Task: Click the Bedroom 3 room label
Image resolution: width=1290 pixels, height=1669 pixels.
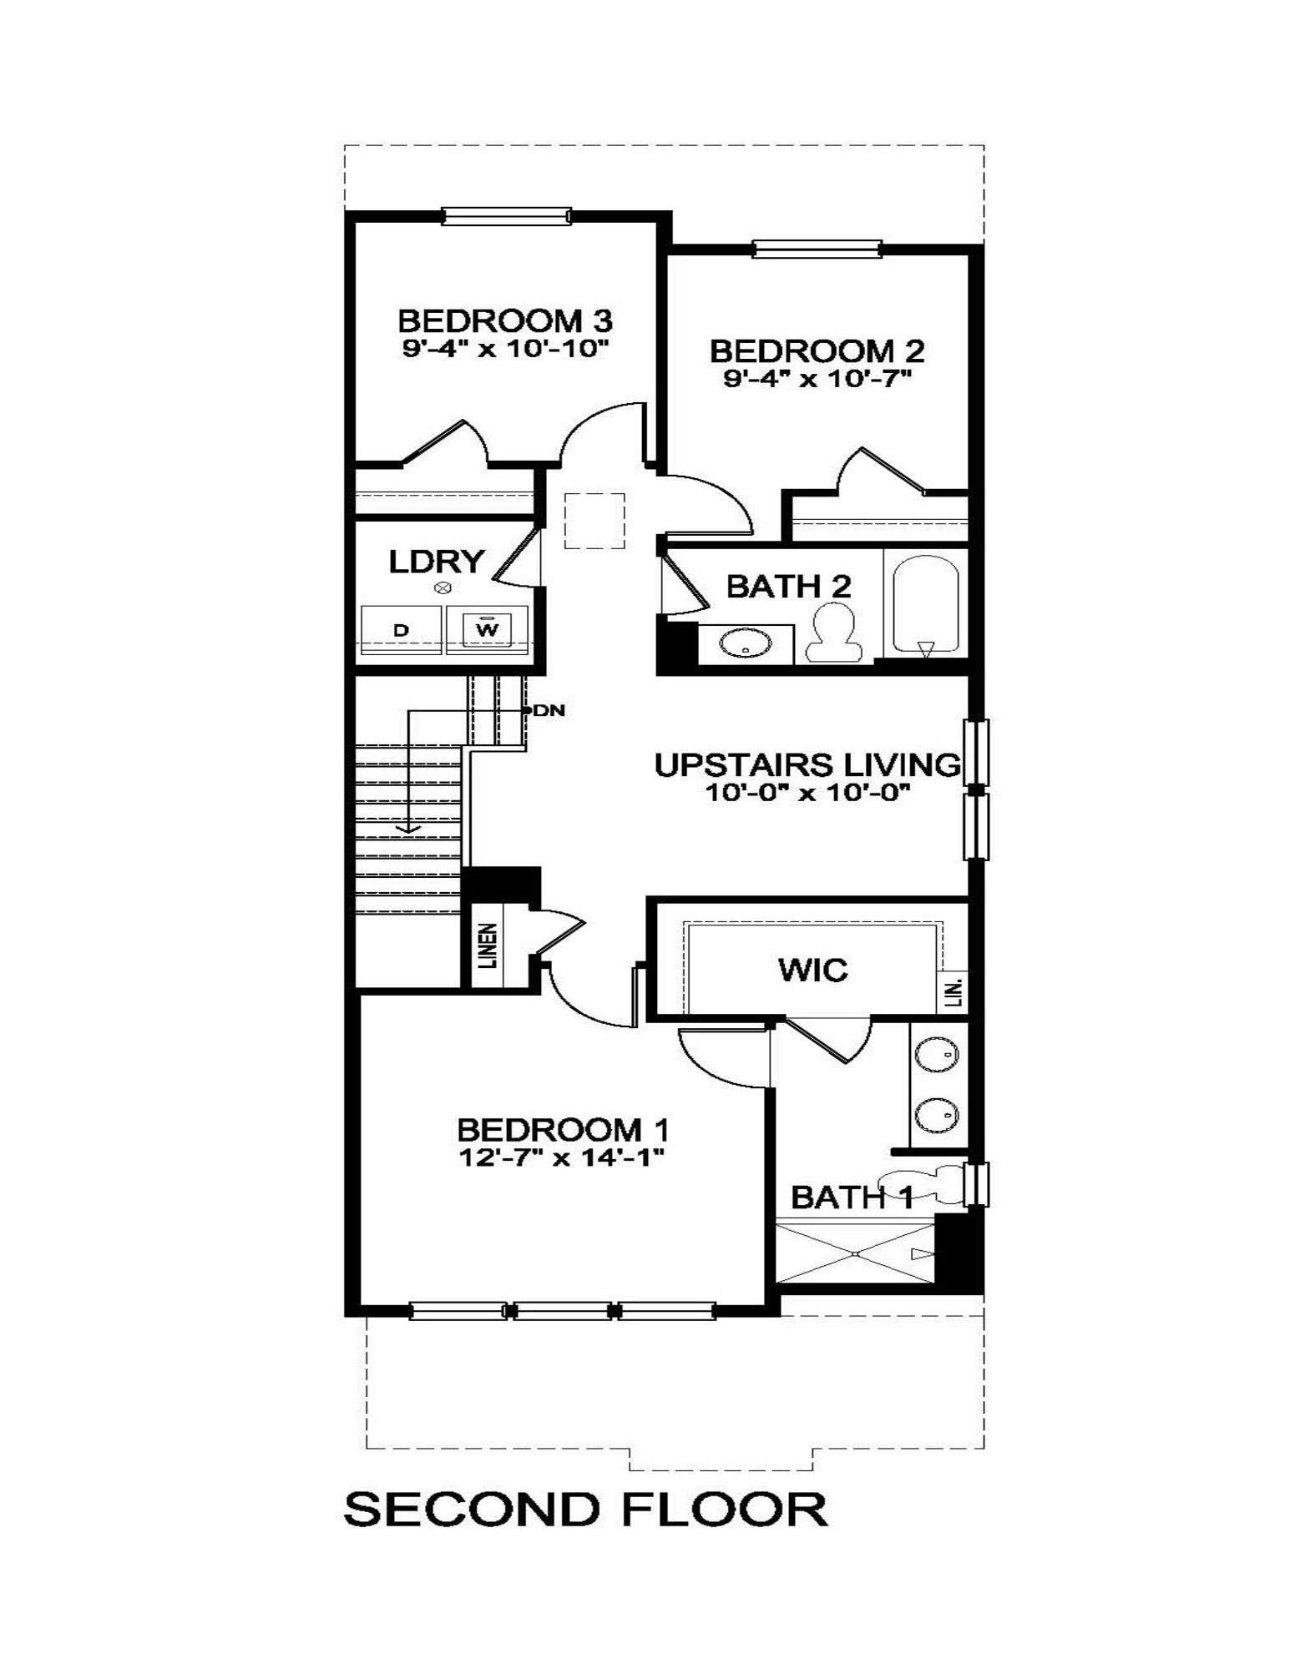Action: [x=504, y=320]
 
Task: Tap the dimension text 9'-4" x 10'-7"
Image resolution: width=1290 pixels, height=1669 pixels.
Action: [x=816, y=379]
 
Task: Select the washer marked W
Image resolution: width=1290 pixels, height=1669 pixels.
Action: [x=487, y=628]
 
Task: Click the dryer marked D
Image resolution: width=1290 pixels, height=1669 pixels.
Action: [x=401, y=630]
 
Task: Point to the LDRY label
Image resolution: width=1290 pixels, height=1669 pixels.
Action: [x=436, y=562]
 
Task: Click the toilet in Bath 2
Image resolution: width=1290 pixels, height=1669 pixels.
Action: [x=831, y=633]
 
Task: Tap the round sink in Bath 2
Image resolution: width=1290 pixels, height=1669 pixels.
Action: [x=745, y=643]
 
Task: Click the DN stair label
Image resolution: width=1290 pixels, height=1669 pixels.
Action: [x=549, y=710]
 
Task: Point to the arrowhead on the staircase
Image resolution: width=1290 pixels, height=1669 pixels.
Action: [x=407, y=828]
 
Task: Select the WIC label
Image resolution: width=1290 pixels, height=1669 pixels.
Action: [x=812, y=970]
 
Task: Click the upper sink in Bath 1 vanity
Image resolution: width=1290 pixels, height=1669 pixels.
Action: [x=937, y=1055]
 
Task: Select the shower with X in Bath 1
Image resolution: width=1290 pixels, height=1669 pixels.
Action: [x=855, y=1253]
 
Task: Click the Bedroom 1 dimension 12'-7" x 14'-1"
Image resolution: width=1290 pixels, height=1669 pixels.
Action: [x=561, y=1157]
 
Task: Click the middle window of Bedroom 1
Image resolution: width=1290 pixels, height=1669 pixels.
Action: [x=562, y=1311]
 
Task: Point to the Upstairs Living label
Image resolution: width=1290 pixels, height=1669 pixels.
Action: [x=807, y=764]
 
